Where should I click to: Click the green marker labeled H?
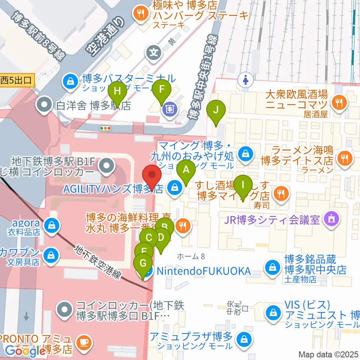[x=117, y=91]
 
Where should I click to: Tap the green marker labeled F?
[x=162, y=90]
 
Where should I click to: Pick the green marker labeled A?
[x=186, y=169]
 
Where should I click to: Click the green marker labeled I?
[x=243, y=185]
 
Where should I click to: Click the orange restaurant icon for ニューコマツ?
[x=339, y=101]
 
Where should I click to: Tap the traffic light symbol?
[x=106, y=128]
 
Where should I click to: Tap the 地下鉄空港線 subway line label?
[x=98, y=262]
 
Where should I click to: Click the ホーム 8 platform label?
[x=191, y=256]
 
